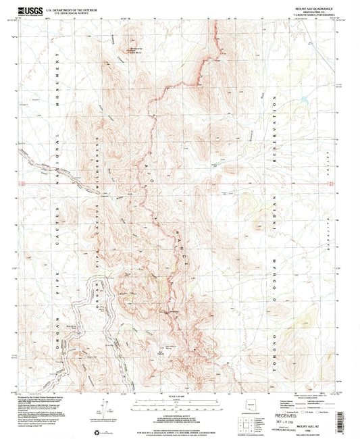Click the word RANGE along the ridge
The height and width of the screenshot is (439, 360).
[x=165, y=253]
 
